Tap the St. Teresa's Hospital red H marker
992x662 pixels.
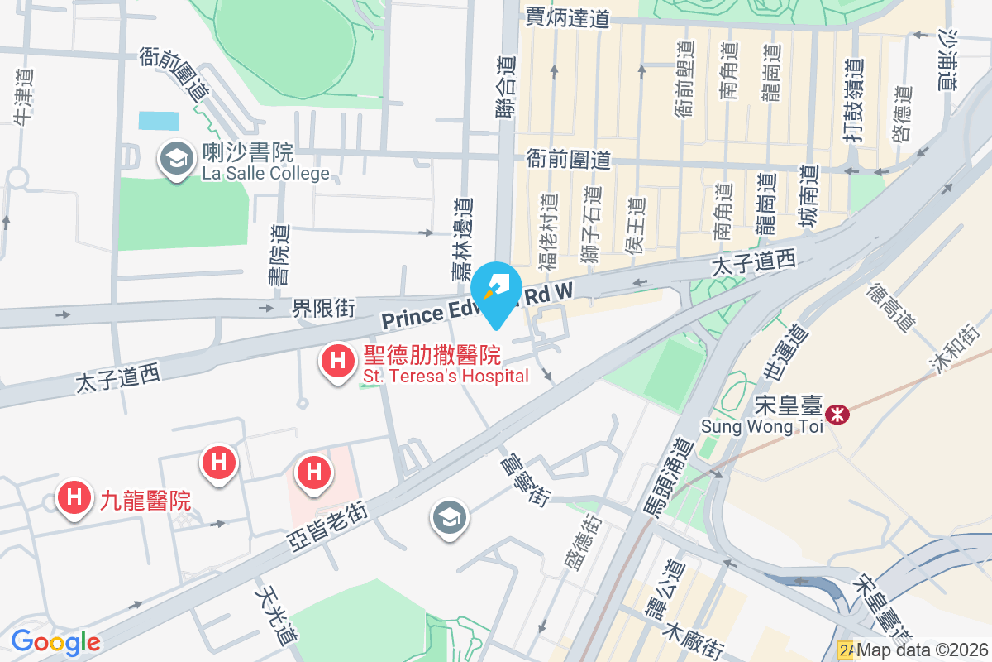[x=337, y=362]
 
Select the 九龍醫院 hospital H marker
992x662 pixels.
[x=73, y=497]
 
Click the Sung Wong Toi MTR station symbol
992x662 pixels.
[x=837, y=413]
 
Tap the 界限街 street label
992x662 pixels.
[x=323, y=309]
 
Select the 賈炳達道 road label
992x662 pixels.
[x=567, y=17]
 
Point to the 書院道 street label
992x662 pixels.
[x=280, y=256]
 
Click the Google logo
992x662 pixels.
[x=55, y=641]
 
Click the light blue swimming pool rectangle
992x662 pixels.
[x=159, y=121]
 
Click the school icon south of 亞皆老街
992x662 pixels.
[x=449, y=518]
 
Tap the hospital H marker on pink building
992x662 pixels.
[x=314, y=473]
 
